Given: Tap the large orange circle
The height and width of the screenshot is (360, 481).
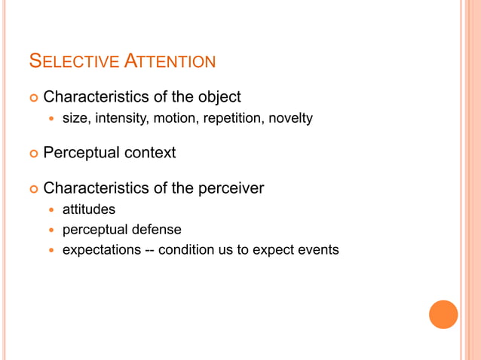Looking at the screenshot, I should point(443,314).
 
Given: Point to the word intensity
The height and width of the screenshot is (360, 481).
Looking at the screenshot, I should point(121,118).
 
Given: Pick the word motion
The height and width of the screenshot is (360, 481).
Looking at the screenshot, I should point(175,118).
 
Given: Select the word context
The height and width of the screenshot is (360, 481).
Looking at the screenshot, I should point(151,153).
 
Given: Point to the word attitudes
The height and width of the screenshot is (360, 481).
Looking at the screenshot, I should point(88,209).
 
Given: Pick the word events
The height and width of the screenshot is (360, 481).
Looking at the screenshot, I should point(320,249).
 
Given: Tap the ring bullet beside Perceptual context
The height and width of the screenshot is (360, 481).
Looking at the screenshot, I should point(32,154).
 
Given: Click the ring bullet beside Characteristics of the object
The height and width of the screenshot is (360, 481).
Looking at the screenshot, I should point(32,98).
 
